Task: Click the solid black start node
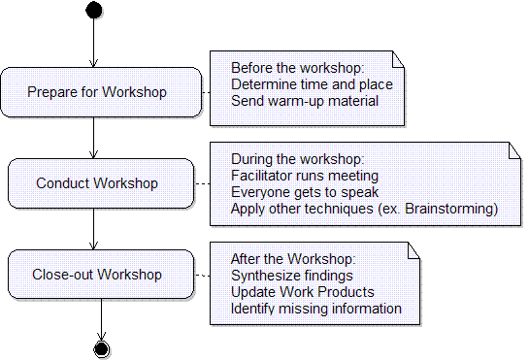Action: click(93, 11)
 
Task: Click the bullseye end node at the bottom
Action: click(101, 348)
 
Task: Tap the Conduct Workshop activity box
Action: click(97, 182)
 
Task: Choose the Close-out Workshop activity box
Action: click(97, 274)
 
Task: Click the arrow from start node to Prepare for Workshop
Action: click(93, 44)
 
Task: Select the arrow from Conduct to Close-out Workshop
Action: click(93, 228)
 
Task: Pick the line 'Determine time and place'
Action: click(310, 83)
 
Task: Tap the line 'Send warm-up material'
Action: click(304, 99)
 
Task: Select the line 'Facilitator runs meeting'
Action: click(304, 176)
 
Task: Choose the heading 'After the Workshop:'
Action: click(293, 260)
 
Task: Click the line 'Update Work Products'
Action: click(302, 292)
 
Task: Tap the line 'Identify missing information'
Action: click(315, 309)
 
